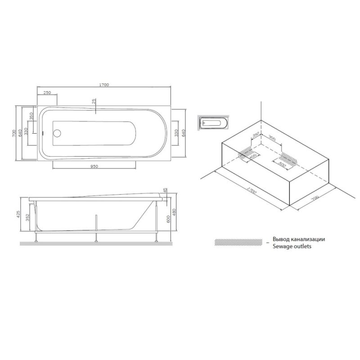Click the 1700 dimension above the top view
pyautogui.click(x=104, y=85)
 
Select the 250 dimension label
pyautogui.click(x=46, y=92)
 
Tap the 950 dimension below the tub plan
pyautogui.click(x=94, y=166)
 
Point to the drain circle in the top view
pyautogui.click(x=57, y=134)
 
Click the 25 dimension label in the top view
pyautogui.click(x=94, y=102)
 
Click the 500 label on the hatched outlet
pyautogui.click(x=283, y=164)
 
